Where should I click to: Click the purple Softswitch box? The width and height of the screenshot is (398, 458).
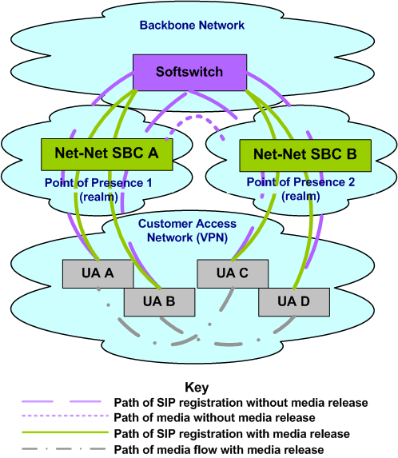pos(189,72)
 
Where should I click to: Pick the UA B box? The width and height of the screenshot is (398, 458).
pos(159,301)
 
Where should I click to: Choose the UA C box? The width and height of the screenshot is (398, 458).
pos(233,273)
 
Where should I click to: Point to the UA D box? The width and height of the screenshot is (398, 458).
pos(293,301)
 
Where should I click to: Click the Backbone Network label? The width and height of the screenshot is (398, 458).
pos(192,25)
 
